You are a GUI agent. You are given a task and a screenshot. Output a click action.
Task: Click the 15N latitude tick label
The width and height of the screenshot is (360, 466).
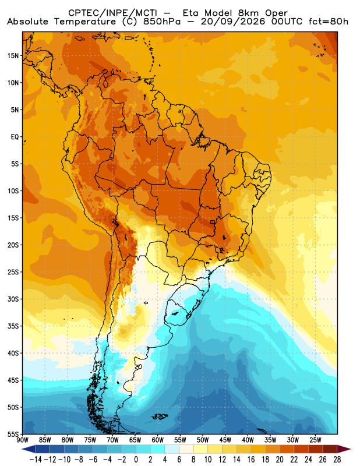(13, 55)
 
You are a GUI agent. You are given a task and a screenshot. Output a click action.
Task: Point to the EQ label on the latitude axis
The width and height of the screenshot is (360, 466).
(15, 137)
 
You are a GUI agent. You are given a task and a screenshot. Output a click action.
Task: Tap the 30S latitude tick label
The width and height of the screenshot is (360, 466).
(13, 299)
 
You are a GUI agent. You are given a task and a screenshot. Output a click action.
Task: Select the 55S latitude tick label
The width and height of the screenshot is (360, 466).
(13, 434)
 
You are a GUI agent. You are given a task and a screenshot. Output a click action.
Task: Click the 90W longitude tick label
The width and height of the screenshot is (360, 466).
(23, 440)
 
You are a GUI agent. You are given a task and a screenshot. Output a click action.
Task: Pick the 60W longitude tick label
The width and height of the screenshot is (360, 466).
(158, 440)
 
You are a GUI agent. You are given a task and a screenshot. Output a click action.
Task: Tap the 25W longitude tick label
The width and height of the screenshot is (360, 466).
(316, 440)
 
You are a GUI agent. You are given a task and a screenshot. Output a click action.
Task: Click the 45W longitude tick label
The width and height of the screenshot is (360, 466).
(225, 440)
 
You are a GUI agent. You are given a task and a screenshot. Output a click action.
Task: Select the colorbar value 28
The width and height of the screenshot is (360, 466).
(337, 460)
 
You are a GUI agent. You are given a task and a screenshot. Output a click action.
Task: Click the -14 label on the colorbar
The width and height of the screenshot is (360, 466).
(36, 460)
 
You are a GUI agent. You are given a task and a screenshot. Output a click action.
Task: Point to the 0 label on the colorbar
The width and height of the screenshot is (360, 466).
(136, 460)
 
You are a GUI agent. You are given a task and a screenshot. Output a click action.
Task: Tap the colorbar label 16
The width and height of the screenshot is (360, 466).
(251, 460)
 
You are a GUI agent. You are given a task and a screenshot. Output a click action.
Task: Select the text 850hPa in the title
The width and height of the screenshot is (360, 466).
(162, 22)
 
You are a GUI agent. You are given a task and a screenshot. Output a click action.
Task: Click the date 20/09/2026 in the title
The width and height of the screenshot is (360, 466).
(233, 22)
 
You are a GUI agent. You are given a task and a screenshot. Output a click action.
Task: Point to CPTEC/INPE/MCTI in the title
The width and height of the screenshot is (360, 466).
(113, 13)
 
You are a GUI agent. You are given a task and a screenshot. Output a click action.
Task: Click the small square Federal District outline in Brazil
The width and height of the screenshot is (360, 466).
(212, 222)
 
